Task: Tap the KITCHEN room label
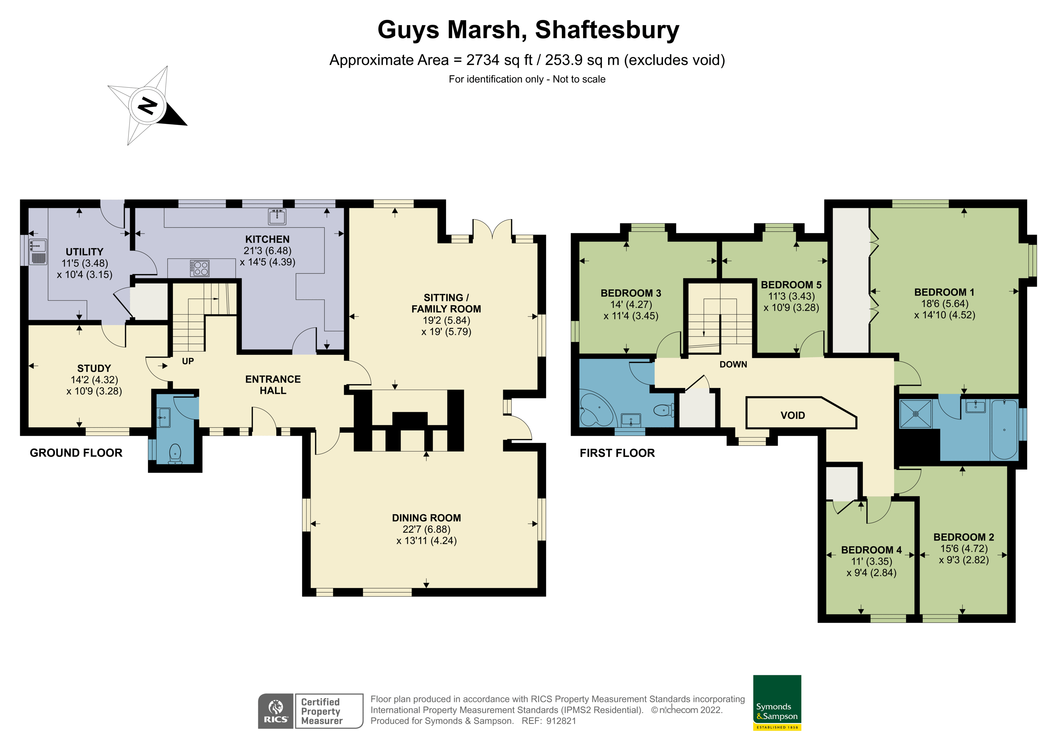pos(267,239)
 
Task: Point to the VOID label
pos(792,415)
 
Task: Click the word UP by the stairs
pos(188,361)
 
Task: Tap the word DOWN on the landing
pos(733,365)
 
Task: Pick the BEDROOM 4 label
pos(871,550)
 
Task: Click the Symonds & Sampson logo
pos(777,702)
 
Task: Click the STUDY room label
pos(94,368)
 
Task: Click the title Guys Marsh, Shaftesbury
pos(528,30)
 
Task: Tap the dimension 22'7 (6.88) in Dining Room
pos(426,529)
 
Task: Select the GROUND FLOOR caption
pos(76,453)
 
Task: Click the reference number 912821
pos(561,721)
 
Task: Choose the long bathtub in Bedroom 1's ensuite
pos(1004,430)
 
